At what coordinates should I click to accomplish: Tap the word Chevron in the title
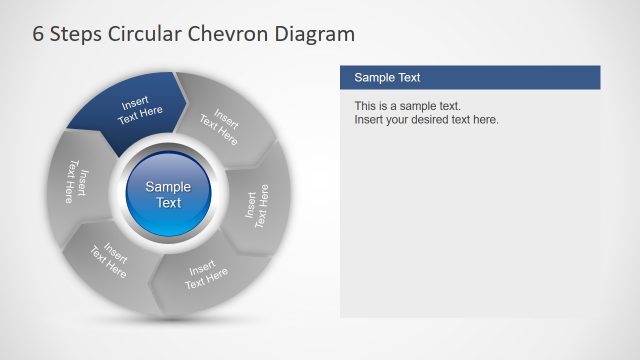[236, 35]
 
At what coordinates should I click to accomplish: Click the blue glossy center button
[168, 194]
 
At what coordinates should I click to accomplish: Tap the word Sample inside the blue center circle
[168, 186]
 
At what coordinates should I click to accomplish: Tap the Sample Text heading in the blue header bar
[387, 77]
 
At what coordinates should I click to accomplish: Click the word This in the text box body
[366, 106]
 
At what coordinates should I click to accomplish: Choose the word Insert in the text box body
[369, 120]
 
